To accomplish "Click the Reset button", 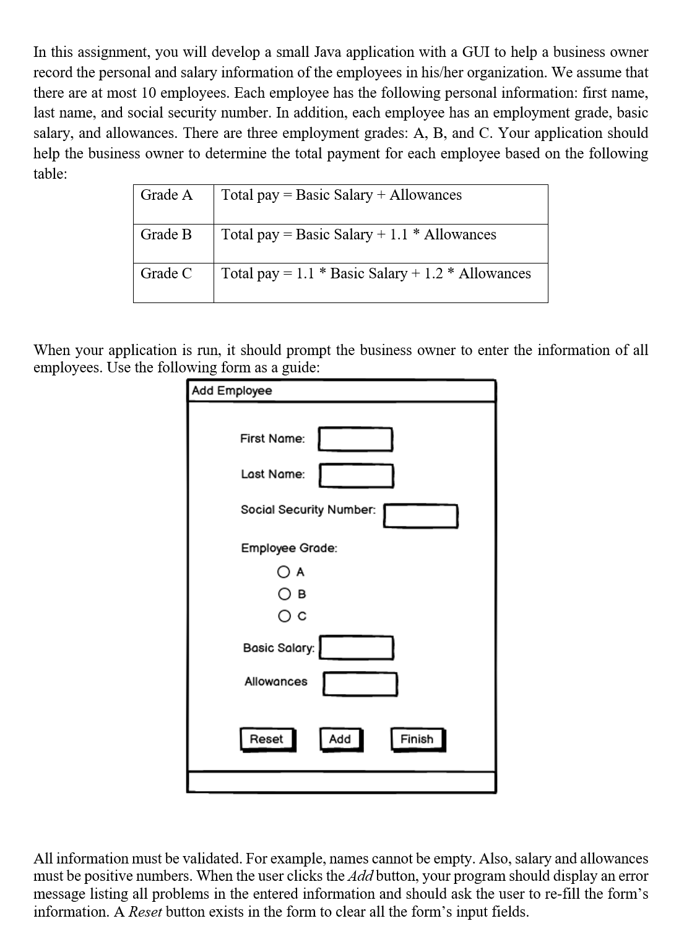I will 267,739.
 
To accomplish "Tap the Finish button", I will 417,739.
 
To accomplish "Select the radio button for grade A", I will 284,572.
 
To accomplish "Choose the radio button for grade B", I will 284,594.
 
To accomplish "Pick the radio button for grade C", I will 284,616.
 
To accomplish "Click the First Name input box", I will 355,439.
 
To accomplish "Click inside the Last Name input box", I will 356,475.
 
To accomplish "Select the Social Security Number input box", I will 420,515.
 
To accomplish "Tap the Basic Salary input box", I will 357,648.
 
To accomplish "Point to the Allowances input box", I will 360,683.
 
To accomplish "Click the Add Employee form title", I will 232,391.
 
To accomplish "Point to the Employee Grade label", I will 289,548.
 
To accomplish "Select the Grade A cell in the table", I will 167,195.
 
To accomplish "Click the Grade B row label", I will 167,235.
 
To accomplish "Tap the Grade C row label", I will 167,273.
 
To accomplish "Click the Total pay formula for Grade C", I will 376,273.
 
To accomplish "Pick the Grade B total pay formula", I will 359,235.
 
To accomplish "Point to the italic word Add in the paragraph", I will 360,876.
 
